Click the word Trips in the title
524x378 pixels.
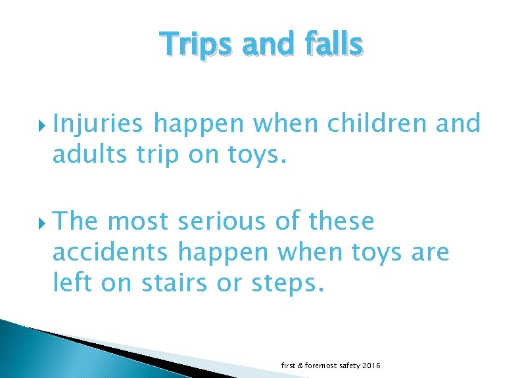193,45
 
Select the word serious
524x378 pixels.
220,222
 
